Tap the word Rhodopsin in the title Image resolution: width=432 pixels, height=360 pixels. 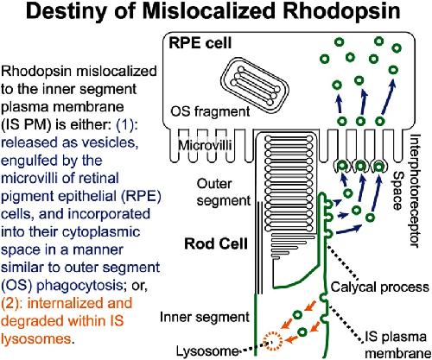(x=342, y=11)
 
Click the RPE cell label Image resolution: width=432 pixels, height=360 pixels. (x=200, y=43)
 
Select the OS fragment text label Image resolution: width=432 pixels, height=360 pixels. (x=210, y=111)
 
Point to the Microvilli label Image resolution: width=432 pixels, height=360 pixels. (x=205, y=145)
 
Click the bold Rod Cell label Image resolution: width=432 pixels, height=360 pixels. (x=216, y=243)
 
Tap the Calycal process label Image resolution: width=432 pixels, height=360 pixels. (x=380, y=287)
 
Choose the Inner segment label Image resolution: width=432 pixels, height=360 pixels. (x=205, y=317)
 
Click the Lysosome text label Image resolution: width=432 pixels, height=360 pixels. (x=207, y=351)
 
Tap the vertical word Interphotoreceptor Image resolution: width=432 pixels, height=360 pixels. (x=415, y=191)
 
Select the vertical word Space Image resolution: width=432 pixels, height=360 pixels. (x=399, y=191)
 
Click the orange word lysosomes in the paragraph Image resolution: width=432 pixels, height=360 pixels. (x=35, y=339)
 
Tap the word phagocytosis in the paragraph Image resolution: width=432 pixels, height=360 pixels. (x=79, y=286)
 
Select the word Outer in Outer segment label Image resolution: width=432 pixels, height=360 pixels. (x=214, y=184)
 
